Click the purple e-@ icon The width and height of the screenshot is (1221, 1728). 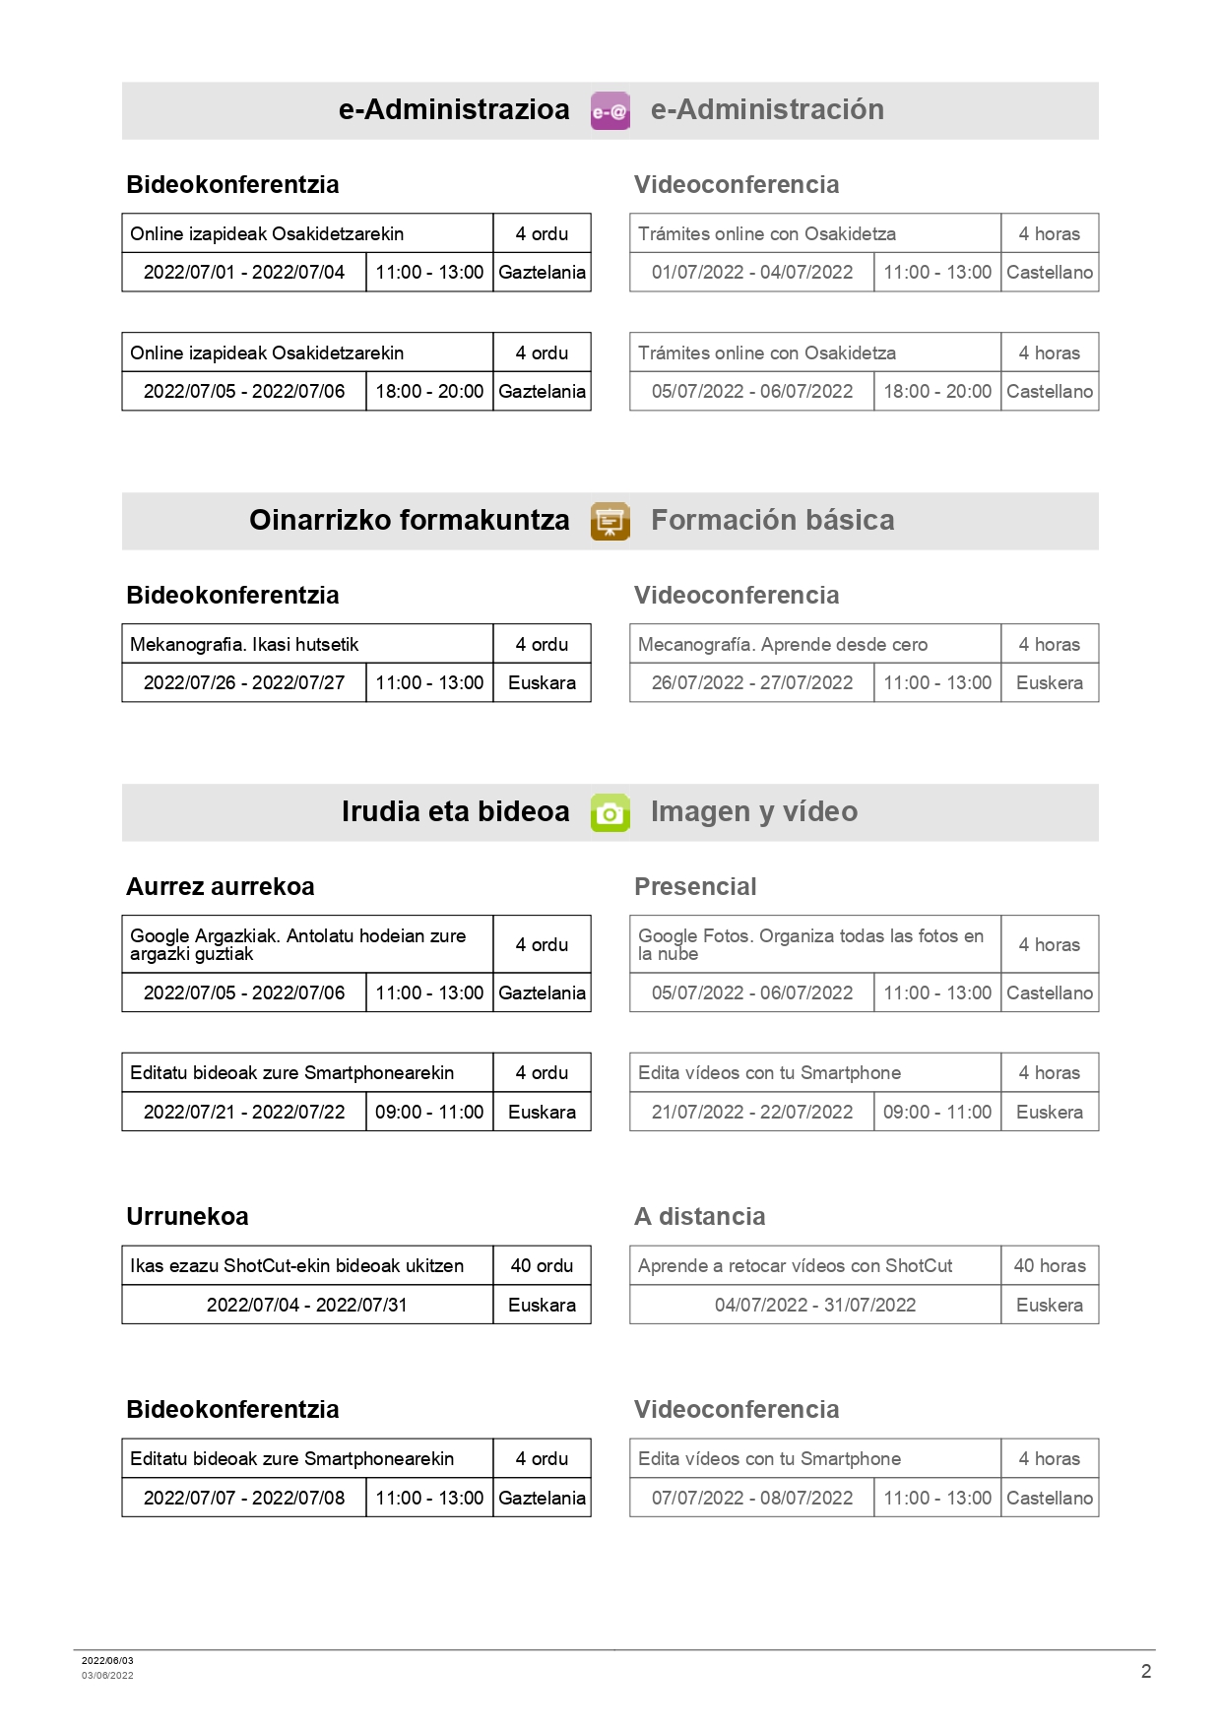tap(610, 110)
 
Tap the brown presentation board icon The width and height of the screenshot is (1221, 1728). tap(610, 521)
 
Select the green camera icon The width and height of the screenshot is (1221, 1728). tap(610, 812)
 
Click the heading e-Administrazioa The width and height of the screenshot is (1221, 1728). tap(454, 109)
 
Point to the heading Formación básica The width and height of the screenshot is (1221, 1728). tap(772, 520)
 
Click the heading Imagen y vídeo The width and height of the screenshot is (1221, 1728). tap(753, 811)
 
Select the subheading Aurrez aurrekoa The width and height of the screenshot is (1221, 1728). tap(221, 886)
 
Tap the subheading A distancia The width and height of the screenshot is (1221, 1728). tap(699, 1216)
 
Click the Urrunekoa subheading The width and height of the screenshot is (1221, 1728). tap(187, 1216)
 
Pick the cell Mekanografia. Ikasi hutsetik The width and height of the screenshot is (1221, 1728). tap(244, 644)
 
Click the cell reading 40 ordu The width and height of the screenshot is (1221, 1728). tap(542, 1265)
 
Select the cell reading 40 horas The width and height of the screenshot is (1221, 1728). tap(1050, 1265)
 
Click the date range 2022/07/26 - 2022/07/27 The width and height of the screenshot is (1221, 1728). tap(244, 682)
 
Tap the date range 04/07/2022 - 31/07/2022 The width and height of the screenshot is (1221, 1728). tap(815, 1305)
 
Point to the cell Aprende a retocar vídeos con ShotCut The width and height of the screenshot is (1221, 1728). tap(795, 1265)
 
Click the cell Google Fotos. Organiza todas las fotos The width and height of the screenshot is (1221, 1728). tap(810, 944)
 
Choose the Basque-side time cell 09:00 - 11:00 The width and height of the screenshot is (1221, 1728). tap(429, 1112)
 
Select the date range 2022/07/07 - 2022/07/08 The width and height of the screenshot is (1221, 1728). tap(244, 1498)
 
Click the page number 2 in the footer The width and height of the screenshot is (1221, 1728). tap(1145, 1671)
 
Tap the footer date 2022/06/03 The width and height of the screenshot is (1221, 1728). tap(107, 1660)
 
